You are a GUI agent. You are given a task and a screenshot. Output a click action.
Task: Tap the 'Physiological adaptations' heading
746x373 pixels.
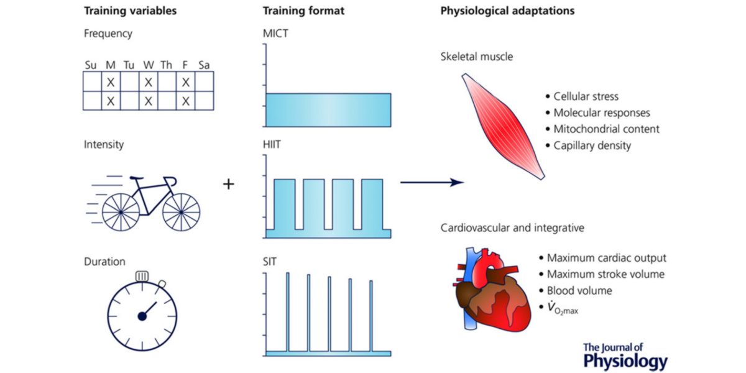point(507,11)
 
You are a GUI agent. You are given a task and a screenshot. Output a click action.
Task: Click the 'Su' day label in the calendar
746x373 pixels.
point(91,65)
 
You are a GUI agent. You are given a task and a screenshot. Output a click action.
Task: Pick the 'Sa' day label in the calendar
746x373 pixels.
point(204,65)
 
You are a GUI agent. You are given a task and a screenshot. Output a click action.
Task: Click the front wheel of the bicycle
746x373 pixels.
point(181,212)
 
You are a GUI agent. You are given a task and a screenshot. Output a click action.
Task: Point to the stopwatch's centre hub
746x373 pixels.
point(142,316)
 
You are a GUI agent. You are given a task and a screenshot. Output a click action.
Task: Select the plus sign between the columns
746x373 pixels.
point(229,184)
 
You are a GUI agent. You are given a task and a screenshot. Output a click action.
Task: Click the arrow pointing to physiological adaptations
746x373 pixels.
point(432,182)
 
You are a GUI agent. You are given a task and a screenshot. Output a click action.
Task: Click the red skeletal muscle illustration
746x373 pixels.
point(504,124)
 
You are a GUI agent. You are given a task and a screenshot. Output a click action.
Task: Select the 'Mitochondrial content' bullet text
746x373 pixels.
point(606,129)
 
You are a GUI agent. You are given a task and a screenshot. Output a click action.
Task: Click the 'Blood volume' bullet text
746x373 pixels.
point(579,290)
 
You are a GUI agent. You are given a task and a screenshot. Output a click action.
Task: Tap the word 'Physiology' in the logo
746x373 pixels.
point(625,361)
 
